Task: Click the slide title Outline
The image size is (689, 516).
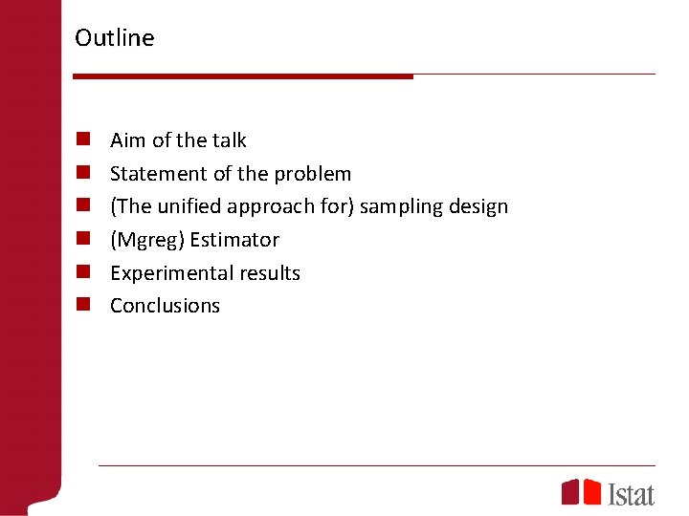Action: click(x=114, y=38)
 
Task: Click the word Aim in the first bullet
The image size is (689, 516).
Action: click(x=128, y=140)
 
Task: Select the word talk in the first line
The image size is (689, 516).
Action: click(x=230, y=140)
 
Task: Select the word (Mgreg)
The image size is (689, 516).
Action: click(x=147, y=240)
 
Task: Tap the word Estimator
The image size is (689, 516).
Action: click(x=234, y=240)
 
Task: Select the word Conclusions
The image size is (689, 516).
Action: click(x=165, y=306)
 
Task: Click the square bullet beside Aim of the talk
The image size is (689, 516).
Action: click(x=84, y=140)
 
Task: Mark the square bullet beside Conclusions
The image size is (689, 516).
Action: click(x=84, y=306)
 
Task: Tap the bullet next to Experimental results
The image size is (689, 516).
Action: click(x=84, y=272)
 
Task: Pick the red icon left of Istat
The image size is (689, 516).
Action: click(x=581, y=492)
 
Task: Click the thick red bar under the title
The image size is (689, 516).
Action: click(x=243, y=75)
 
